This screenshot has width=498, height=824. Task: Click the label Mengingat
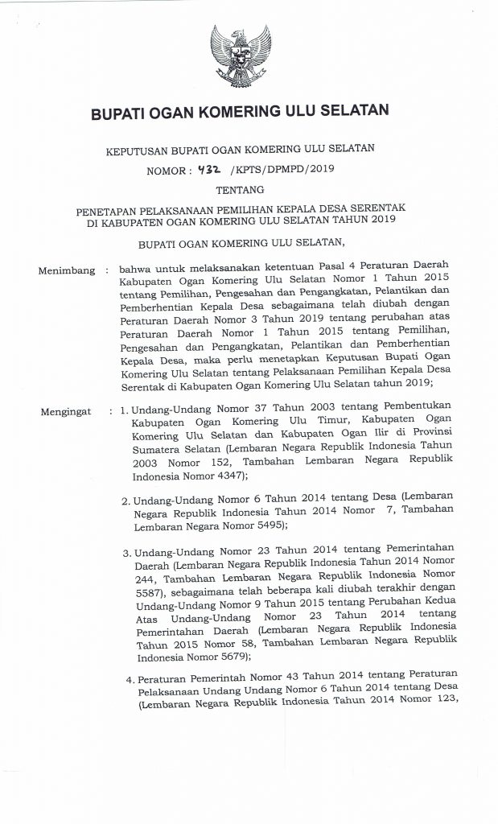point(67,413)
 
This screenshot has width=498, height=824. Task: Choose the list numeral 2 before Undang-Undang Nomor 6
point(126,501)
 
